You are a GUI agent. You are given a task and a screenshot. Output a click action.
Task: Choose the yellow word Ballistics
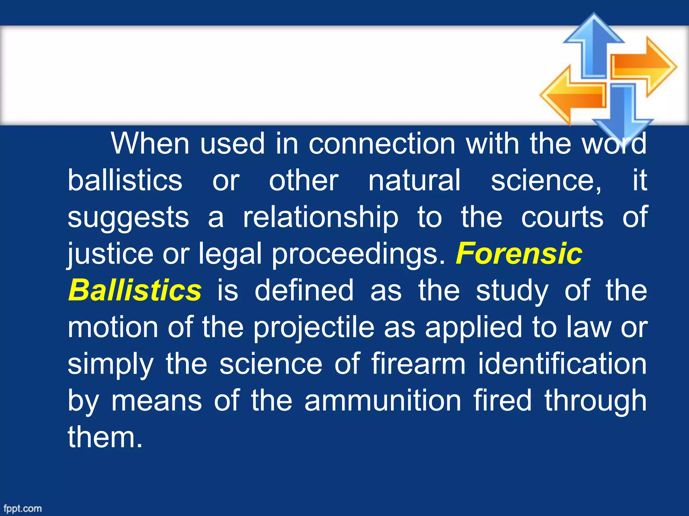tap(135, 290)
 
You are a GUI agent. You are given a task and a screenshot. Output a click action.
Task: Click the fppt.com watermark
tap(23, 508)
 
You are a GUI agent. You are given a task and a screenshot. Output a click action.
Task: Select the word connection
tap(382, 143)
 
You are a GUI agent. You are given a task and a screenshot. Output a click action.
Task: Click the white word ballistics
tap(125, 180)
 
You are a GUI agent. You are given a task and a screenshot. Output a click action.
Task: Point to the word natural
tap(414, 180)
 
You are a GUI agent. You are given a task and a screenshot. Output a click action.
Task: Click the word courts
tap(562, 217)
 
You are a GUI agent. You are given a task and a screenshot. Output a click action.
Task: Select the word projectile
tap(314, 328)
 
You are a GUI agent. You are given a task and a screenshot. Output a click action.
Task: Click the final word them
tap(105, 437)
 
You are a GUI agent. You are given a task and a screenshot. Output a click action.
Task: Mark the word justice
tap(110, 254)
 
